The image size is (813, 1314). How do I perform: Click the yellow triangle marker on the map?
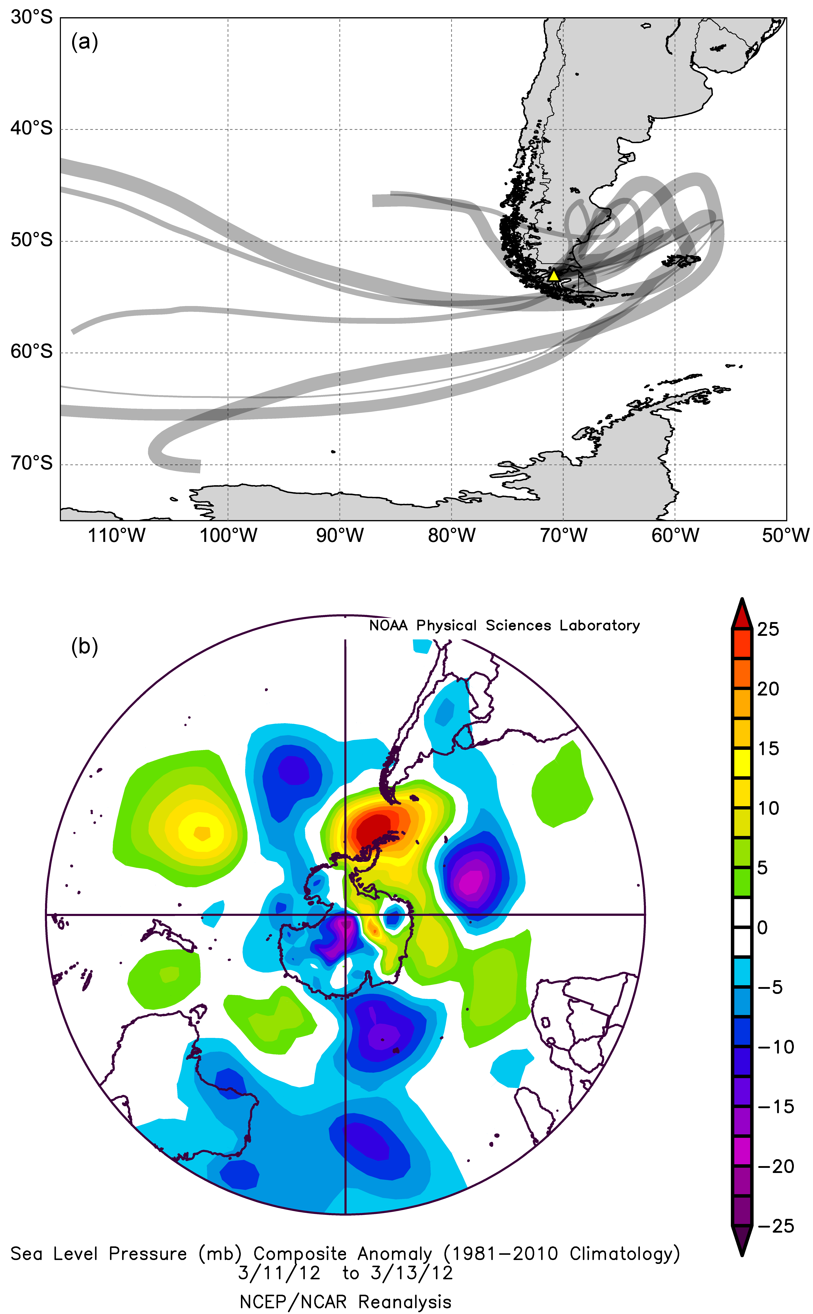554,276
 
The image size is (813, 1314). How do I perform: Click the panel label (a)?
84,42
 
